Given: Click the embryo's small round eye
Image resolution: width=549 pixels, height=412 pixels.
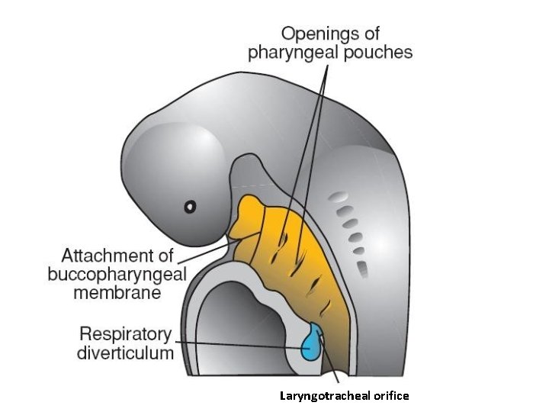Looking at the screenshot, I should pyautogui.click(x=190, y=206).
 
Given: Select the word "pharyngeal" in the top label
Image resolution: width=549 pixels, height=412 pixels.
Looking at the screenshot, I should pyautogui.click(x=295, y=53).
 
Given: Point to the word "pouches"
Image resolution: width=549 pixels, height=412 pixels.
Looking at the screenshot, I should pyautogui.click(x=380, y=53).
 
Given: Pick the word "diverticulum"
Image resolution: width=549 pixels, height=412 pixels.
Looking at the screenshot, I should pyautogui.click(x=127, y=353).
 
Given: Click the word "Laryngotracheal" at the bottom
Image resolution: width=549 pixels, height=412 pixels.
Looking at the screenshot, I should pyautogui.click(x=316, y=395).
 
